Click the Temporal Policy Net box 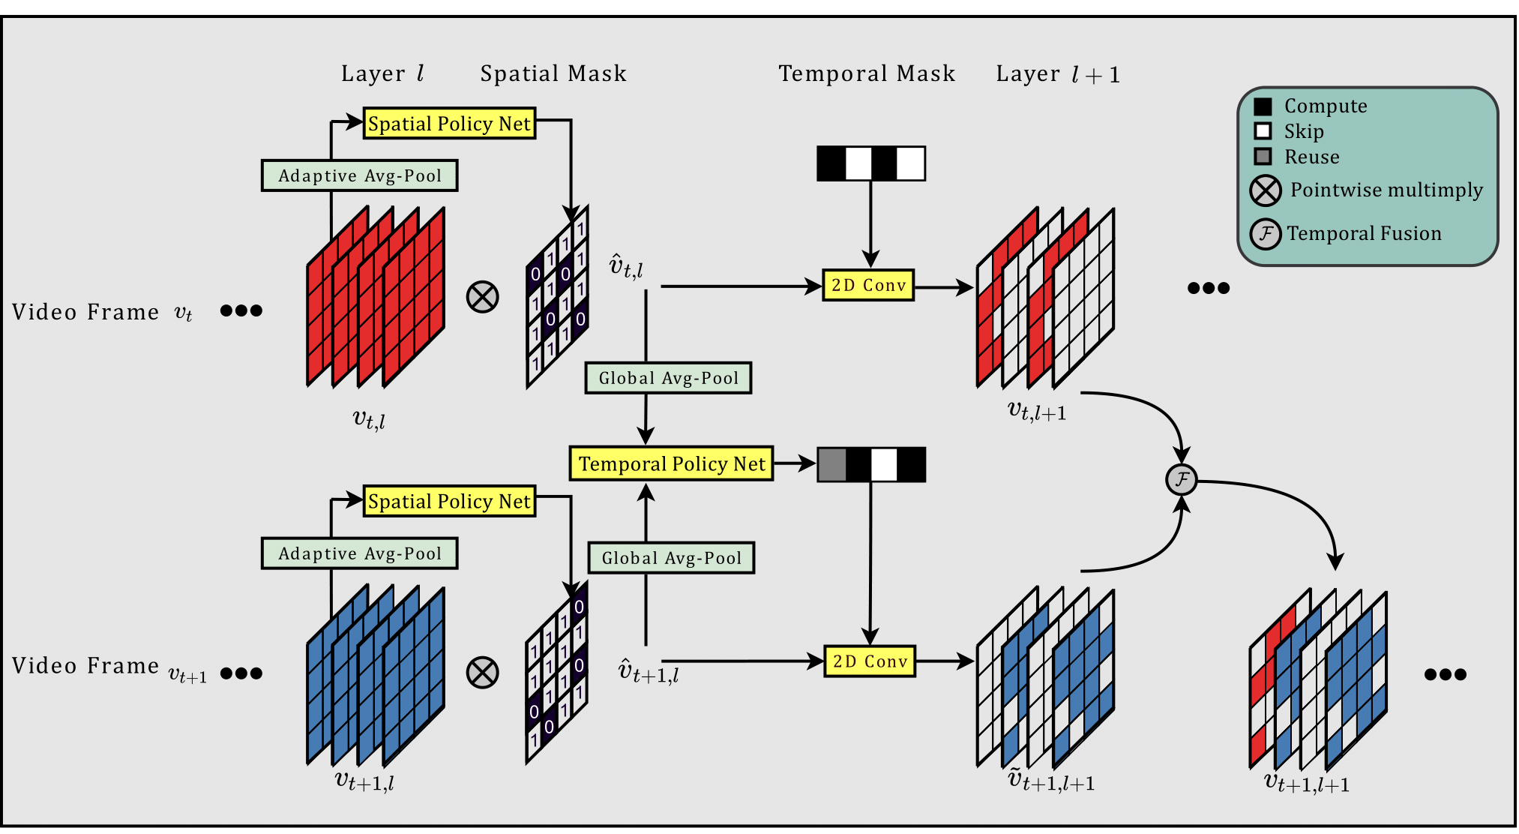671,463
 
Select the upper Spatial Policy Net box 449,123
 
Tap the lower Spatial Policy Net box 449,501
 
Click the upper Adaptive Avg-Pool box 359,175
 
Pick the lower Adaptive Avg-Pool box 359,553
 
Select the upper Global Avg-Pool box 668,378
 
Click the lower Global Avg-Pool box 671,558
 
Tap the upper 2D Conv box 868,285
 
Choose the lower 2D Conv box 870,661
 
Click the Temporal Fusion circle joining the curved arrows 1181,479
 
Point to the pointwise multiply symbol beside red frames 483,296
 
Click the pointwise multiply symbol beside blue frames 483,672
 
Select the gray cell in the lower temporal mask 831,465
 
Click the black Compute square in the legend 1263,106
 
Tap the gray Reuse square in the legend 1263,157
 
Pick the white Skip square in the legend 1263,131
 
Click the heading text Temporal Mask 867,73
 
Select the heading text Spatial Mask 553,73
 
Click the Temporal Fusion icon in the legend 1265,234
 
